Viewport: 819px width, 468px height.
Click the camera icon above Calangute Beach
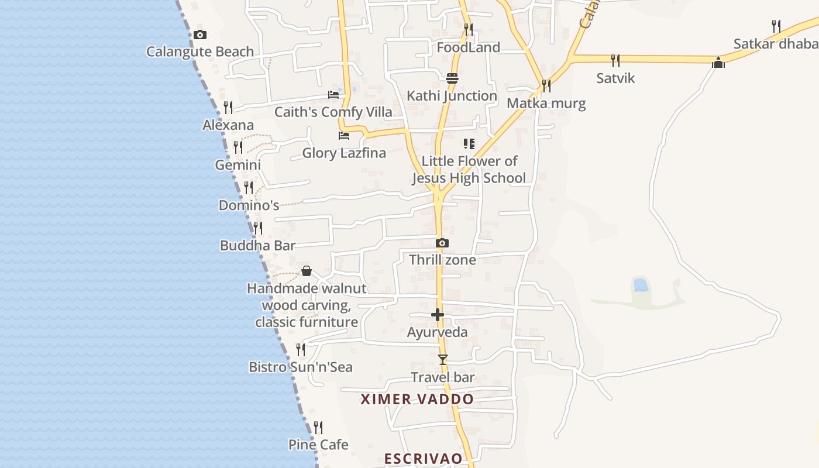point(200,35)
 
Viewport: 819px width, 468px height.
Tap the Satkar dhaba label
point(776,44)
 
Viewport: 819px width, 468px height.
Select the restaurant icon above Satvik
point(615,60)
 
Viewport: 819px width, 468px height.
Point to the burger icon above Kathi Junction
point(452,78)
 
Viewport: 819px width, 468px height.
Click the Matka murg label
point(546,104)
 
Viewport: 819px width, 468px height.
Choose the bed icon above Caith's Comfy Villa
point(333,94)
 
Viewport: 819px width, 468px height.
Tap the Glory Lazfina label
point(344,153)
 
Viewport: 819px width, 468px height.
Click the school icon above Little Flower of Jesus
point(469,143)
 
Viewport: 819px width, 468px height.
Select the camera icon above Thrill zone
point(442,243)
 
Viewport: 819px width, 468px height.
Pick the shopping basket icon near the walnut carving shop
point(306,271)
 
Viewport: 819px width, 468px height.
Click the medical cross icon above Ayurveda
point(438,315)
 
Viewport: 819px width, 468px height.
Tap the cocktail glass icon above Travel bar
point(443,359)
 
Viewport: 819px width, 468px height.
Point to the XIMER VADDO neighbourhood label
point(417,400)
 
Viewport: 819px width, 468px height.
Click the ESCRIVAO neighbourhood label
point(424,459)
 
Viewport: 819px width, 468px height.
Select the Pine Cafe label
point(318,445)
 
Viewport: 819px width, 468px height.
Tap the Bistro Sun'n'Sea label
point(301,367)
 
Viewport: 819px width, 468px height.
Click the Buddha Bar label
point(257,246)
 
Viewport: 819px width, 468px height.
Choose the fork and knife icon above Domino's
point(249,188)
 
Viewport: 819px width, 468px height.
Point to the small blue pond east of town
point(641,285)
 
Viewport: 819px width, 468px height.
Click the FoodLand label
point(468,47)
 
